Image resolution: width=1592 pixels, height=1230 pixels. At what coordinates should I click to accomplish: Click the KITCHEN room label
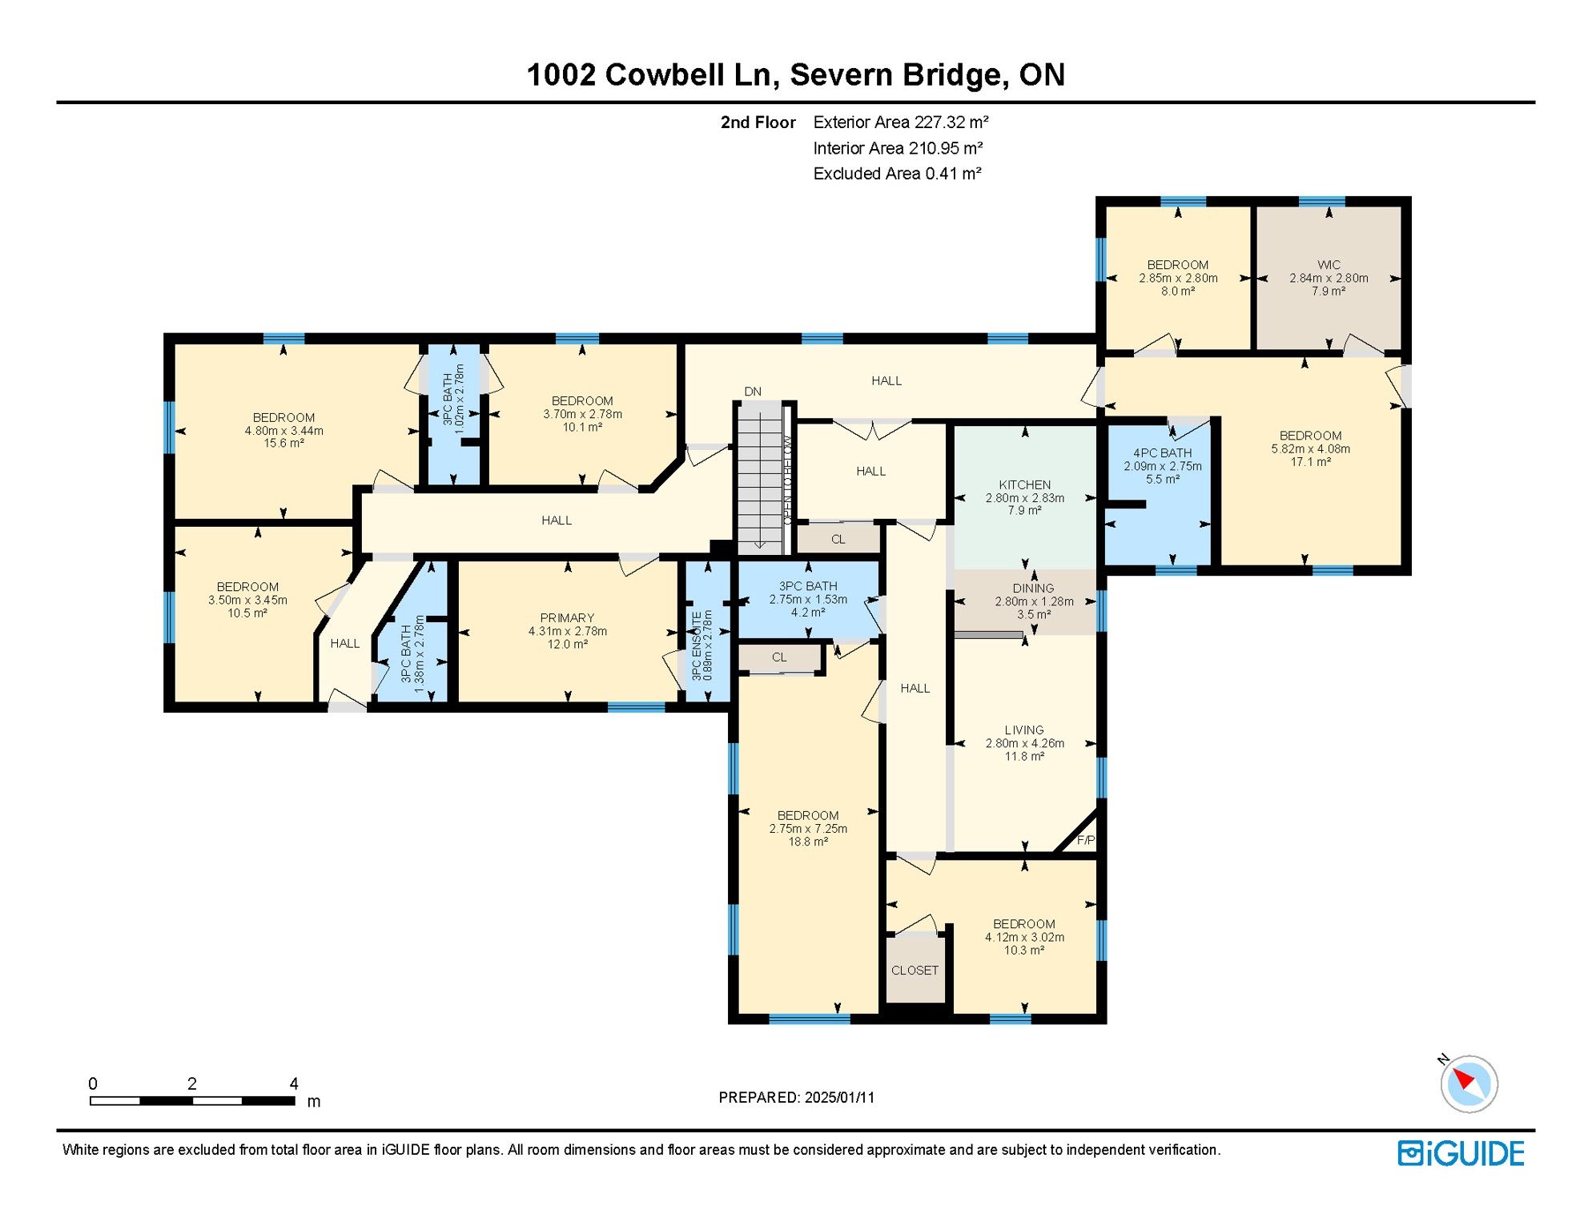tap(1024, 484)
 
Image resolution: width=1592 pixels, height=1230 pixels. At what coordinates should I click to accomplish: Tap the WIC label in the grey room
tap(1329, 265)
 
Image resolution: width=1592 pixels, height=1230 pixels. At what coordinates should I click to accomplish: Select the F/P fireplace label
tap(1086, 840)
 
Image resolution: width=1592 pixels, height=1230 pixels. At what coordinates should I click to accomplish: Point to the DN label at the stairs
tap(753, 392)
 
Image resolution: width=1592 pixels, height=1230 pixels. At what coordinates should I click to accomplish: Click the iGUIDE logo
tap(1461, 1153)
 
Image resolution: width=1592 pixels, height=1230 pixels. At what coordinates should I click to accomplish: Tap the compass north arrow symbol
tap(1469, 1083)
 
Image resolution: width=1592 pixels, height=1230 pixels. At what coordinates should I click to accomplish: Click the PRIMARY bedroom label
tap(567, 618)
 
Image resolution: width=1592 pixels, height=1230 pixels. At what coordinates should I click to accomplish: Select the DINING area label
tap(1033, 589)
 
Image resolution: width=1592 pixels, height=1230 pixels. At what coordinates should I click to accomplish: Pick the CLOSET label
tap(915, 971)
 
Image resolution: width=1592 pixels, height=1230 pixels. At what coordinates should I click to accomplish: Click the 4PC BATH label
tap(1162, 453)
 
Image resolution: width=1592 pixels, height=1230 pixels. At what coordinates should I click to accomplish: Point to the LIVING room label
tap(1024, 730)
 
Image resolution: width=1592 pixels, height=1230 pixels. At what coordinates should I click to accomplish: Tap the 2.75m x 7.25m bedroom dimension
tap(808, 829)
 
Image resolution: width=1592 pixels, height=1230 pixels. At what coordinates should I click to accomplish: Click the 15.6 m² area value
tap(284, 443)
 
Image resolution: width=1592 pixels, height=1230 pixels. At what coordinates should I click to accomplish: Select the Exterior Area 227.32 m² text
tap(901, 123)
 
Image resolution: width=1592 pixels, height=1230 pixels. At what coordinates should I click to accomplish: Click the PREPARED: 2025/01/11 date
tap(797, 1097)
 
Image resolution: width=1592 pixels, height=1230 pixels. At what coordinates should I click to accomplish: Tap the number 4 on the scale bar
tap(294, 1083)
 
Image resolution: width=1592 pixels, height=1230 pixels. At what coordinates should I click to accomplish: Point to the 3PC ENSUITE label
tap(697, 646)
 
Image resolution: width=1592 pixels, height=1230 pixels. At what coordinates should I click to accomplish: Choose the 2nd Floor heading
tap(758, 123)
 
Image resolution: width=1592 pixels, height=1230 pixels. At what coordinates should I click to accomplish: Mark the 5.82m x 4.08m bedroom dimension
tap(1310, 449)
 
